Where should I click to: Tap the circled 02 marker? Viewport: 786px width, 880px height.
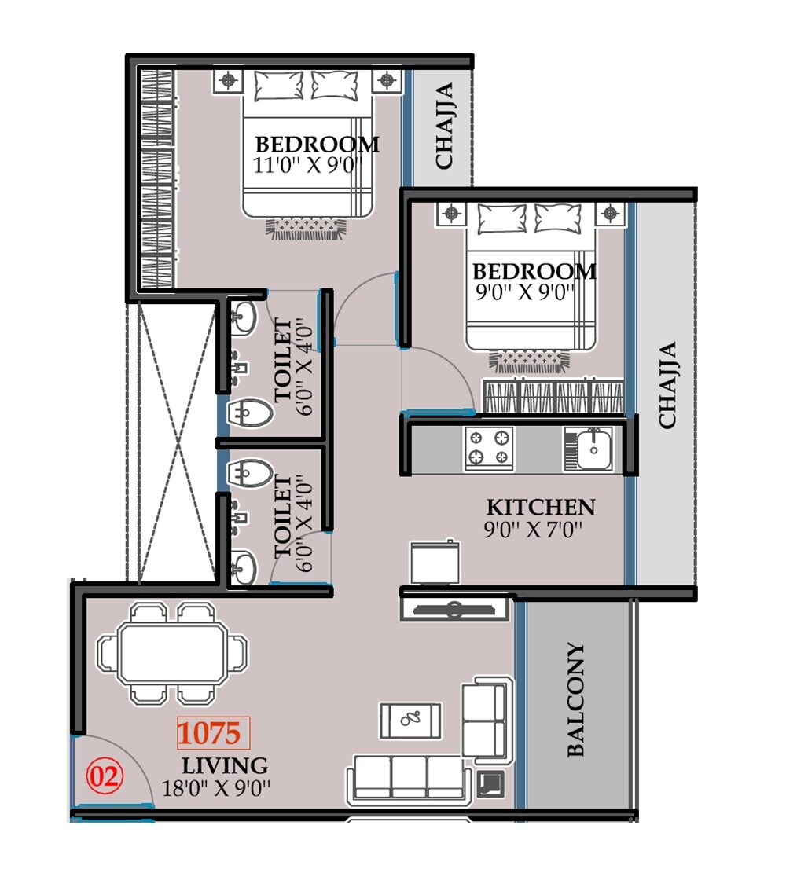coord(105,776)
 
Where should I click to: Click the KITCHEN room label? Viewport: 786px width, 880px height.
coord(540,507)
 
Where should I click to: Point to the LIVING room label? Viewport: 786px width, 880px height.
coord(225,765)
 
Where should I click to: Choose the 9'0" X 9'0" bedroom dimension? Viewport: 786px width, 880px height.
coord(524,292)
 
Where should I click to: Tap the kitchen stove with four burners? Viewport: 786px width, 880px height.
coord(489,449)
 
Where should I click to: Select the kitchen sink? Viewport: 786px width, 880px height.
coord(589,449)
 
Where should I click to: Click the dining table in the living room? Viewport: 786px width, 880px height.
coord(171,652)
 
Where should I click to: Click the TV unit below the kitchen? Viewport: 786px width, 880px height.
coord(454,608)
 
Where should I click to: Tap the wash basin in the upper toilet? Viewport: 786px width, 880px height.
coord(244,318)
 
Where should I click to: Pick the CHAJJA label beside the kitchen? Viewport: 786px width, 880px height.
coord(667,385)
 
